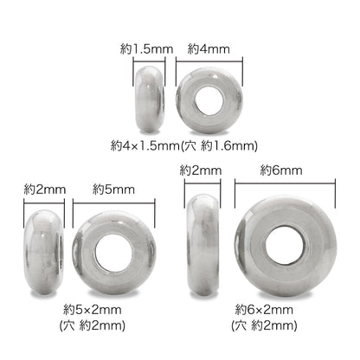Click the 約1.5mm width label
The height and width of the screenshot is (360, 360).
tap(146, 49)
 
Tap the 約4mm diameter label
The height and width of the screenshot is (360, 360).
tap(209, 49)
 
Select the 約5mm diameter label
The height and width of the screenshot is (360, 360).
tap(113, 190)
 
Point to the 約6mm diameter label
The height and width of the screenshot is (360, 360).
tap(281, 170)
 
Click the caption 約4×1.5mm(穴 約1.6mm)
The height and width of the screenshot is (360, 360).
tap(184, 146)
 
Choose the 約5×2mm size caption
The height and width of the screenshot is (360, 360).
tap(93, 310)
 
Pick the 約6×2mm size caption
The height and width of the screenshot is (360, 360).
tap(264, 310)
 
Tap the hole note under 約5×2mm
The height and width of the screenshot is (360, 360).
tap(93, 326)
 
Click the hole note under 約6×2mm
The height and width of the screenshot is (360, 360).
tap(264, 326)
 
